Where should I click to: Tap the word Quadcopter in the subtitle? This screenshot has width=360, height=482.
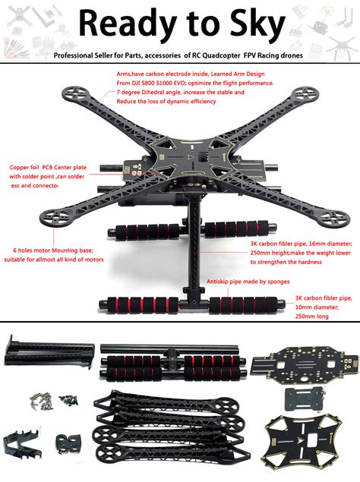(221, 55)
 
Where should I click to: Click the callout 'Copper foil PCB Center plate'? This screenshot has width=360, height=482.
(48, 168)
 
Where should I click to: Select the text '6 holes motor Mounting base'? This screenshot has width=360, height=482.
(52, 250)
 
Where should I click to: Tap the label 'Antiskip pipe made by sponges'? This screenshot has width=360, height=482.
(248, 282)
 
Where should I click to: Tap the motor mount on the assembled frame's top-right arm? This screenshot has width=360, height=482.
(305, 93)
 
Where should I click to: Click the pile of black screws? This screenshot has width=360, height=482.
(68, 400)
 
